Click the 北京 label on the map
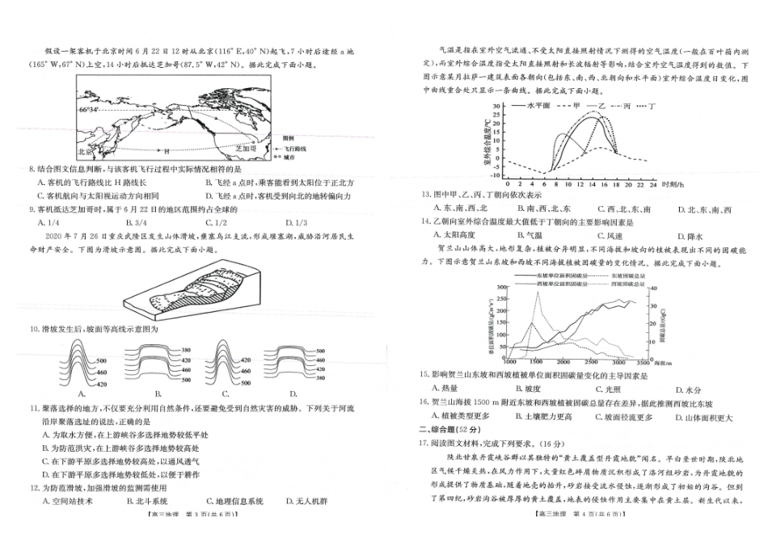(87, 150)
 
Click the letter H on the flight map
(166, 151)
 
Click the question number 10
(33, 330)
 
